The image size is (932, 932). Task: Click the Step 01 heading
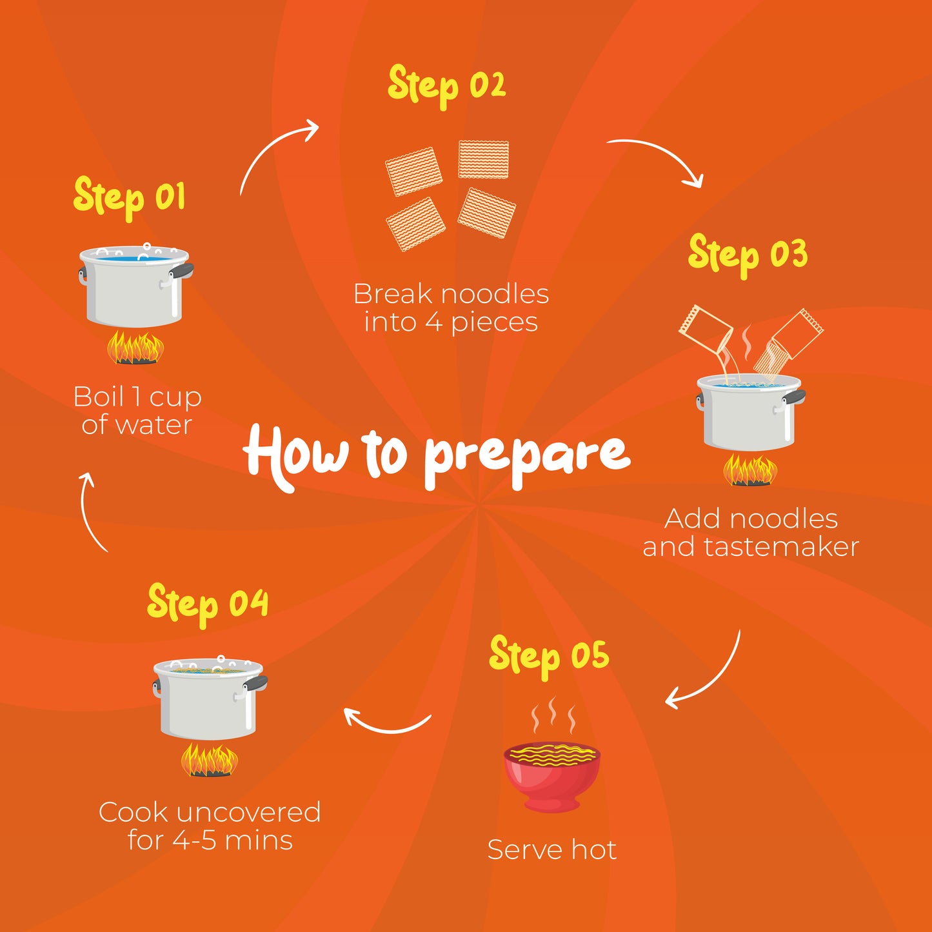[x=129, y=198]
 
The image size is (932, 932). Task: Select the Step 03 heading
[x=748, y=255]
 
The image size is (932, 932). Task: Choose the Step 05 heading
[x=549, y=657]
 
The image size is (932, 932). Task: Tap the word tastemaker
[x=781, y=548]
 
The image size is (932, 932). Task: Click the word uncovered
[x=248, y=812]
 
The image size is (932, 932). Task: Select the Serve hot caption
[x=552, y=850]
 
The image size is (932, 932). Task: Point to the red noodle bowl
[x=552, y=777]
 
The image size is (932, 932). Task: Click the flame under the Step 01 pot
[x=135, y=347]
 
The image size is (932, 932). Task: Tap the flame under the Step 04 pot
[x=210, y=761]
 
